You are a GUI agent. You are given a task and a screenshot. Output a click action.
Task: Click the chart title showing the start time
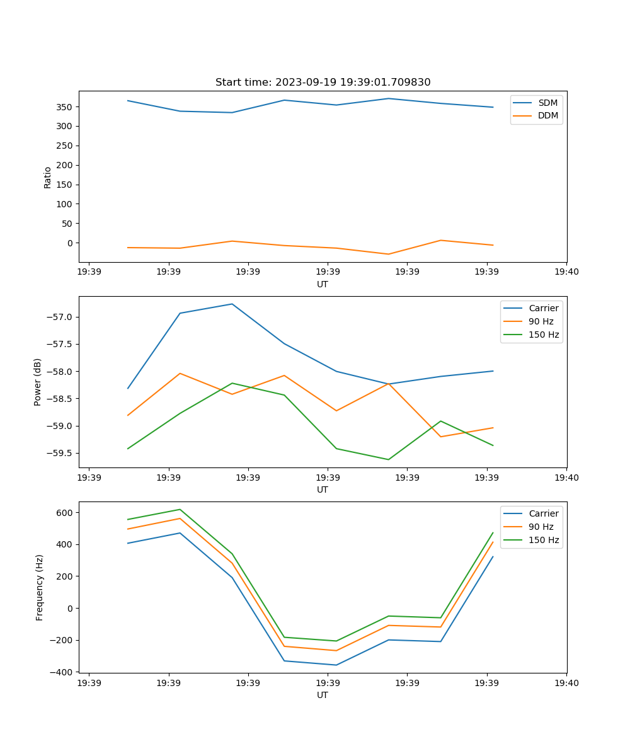tap(323, 83)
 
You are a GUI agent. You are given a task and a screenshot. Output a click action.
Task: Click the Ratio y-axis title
tap(48, 177)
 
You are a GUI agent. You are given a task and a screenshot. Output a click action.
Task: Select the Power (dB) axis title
tap(38, 382)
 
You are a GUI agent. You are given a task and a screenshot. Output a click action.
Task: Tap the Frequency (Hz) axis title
tap(40, 587)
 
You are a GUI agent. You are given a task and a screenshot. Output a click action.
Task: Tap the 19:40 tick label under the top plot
tap(566, 272)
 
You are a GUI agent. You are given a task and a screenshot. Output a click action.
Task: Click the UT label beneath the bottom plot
tap(323, 695)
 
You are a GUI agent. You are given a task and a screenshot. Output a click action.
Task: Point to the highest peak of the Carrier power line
tap(232, 304)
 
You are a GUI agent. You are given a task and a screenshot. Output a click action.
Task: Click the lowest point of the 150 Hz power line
tap(388, 459)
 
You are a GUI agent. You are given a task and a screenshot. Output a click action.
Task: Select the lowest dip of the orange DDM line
tap(388, 254)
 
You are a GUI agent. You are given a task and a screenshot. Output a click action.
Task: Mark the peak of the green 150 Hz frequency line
tap(180, 509)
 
